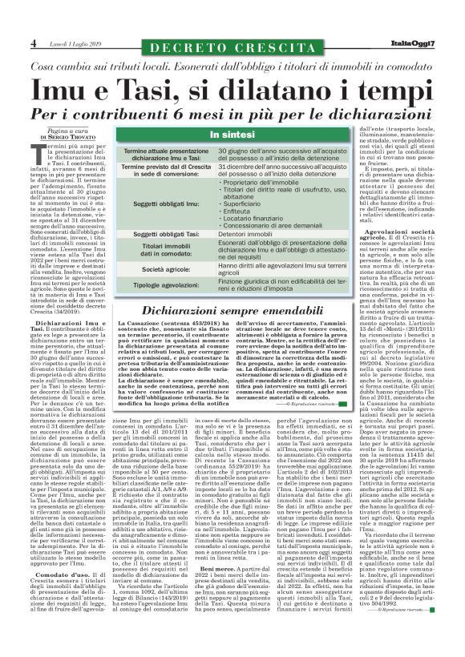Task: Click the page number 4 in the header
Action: coord(34,42)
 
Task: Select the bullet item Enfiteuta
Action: coord(239,204)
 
